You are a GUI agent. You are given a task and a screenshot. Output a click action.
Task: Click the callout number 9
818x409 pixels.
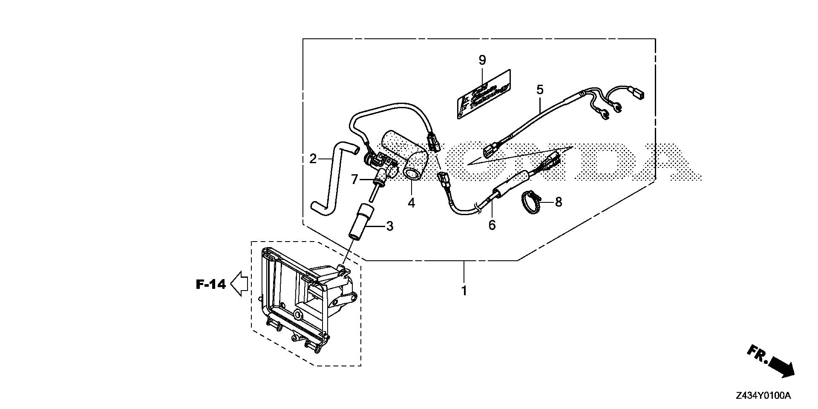pos(482,60)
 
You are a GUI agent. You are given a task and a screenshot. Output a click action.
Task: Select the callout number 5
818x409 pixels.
pos(540,90)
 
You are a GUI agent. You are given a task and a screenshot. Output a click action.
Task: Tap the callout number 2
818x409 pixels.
pos(313,159)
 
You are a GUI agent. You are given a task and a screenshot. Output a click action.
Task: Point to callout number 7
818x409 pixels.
pos(354,180)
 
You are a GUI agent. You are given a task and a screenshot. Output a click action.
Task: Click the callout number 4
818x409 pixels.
pos(411,203)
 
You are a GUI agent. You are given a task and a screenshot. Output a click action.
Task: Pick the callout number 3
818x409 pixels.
pos(389,226)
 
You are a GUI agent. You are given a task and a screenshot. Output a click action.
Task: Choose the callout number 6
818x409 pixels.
pos(492,225)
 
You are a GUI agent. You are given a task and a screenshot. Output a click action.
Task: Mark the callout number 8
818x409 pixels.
pos(558,202)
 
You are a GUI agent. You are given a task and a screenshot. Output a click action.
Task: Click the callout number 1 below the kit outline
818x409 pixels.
pos(464,291)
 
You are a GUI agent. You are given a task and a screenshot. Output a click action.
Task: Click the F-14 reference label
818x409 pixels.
pos(210,284)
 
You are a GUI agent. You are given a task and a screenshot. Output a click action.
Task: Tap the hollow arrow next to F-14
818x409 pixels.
pos(239,283)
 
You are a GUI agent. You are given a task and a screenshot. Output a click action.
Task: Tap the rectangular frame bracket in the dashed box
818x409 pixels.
pos(298,298)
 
